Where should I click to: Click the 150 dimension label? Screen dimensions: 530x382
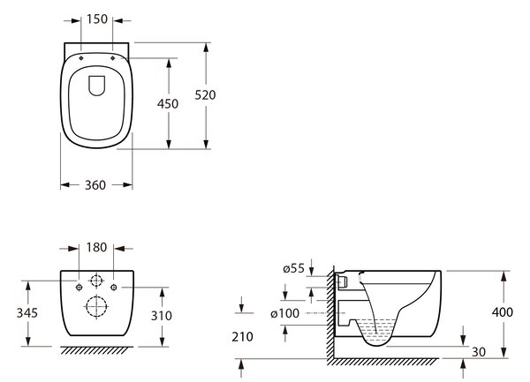point(97,19)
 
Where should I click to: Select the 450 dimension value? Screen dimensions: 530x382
point(168,103)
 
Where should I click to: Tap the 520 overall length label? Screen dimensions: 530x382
point(205,95)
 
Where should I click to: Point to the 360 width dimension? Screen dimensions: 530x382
point(95,185)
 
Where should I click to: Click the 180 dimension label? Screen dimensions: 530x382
point(96,247)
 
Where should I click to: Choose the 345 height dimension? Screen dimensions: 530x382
point(27,313)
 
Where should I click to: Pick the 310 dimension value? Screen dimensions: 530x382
point(162,316)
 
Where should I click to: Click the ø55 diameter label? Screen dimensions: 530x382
point(294,268)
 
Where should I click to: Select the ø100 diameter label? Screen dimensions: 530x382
point(285,313)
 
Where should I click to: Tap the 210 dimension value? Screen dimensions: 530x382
point(242,337)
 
